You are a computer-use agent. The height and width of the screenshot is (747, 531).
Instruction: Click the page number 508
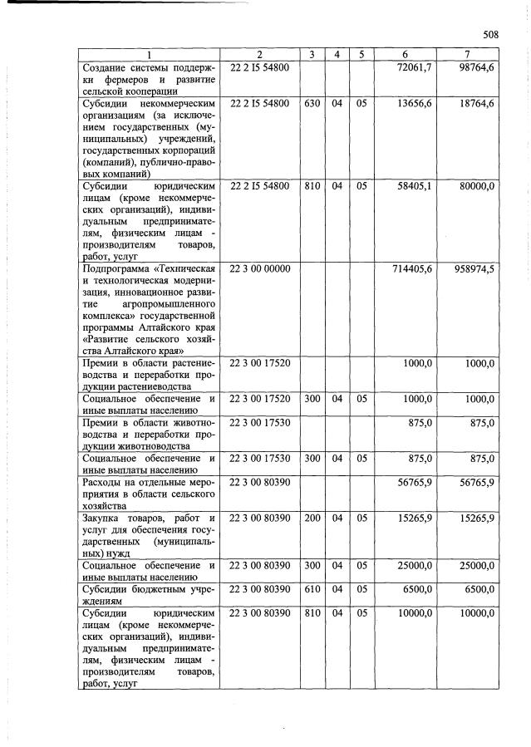pos(489,35)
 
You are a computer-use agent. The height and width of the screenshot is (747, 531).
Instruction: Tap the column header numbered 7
pos(467,55)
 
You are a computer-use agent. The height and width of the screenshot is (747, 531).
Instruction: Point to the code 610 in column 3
pos(312,588)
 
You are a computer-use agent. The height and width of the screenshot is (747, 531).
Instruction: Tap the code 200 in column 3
pos(312,518)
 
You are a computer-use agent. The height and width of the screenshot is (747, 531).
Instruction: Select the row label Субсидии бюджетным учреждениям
pos(148,593)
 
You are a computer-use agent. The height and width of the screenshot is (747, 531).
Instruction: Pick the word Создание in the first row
pos(105,66)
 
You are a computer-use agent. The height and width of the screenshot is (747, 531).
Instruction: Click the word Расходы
pos(103,482)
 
